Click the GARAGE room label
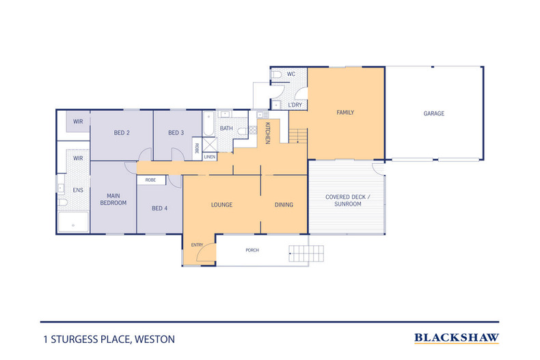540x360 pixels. tap(433, 113)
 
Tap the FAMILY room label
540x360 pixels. tap(345, 112)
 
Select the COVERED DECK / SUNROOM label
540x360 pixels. tap(347, 200)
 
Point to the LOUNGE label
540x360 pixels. tap(221, 204)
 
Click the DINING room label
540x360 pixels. tap(284, 204)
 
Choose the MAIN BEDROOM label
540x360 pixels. tap(113, 198)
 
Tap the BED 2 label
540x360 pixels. tap(122, 133)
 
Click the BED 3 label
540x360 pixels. tap(176, 133)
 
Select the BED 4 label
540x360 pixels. tap(159, 208)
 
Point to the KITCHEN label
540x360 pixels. tap(268, 132)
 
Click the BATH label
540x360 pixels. tap(226, 128)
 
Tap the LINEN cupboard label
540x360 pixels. tap(209, 157)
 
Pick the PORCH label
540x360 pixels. tap(252, 250)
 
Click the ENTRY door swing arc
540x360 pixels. tap(204, 254)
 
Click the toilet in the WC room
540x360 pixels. tap(277, 74)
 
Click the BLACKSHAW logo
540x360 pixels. tap(457, 337)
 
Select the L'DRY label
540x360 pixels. tap(295, 105)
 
